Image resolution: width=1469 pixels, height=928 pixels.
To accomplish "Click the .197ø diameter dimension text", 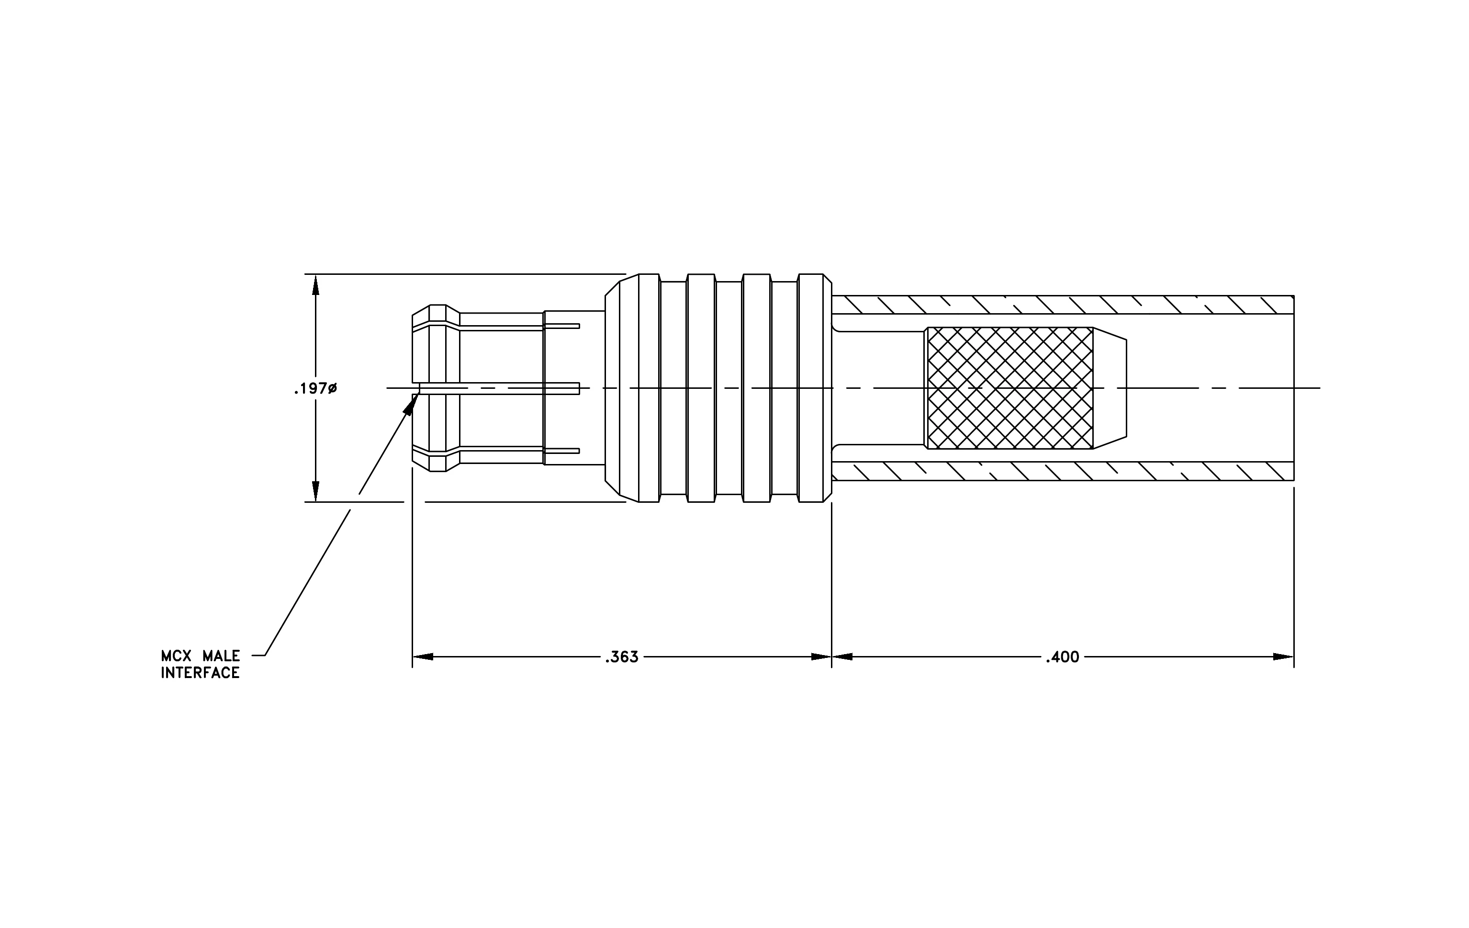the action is tap(315, 389).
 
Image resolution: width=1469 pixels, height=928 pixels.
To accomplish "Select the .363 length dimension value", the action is tap(622, 657).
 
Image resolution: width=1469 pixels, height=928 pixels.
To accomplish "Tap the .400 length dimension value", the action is tap(1063, 657).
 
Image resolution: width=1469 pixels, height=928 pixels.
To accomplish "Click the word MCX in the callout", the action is tap(176, 656).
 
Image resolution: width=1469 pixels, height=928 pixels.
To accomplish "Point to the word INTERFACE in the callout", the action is tap(200, 673).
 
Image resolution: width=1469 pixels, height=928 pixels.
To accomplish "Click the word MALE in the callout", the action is tap(222, 656).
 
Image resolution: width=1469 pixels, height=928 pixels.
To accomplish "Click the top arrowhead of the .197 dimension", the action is tap(315, 285).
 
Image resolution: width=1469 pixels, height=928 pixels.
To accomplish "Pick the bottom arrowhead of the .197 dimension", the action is tap(315, 491).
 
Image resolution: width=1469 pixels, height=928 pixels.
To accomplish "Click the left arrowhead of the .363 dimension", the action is tap(423, 657).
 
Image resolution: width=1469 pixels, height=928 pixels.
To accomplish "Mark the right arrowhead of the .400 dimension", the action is tap(1284, 657).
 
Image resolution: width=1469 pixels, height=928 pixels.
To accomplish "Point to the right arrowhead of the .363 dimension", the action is tap(821, 657).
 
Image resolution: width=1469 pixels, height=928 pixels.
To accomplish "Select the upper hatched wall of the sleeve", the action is tap(1063, 305).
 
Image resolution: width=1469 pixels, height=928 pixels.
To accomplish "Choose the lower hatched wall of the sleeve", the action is tap(1063, 472).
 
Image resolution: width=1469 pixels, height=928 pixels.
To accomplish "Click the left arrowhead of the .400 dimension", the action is tap(842, 657).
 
